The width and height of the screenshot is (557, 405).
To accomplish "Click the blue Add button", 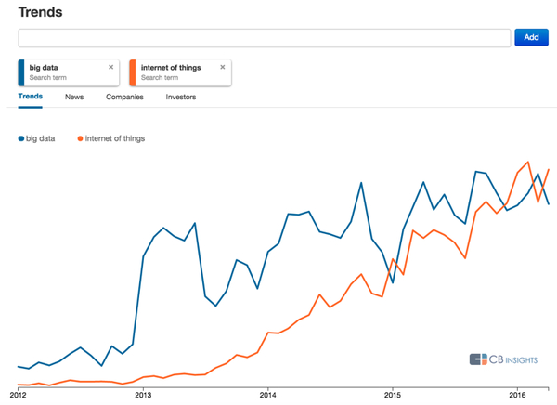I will pyautogui.click(x=531, y=37).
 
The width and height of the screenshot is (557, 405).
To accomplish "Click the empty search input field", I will pyautogui.click(x=264, y=37).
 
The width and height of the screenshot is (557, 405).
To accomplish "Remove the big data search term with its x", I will pyautogui.click(x=111, y=67).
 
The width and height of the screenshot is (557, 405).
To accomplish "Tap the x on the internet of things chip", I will pyautogui.click(x=223, y=67).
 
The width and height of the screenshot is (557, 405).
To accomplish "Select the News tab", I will pyautogui.click(x=74, y=97).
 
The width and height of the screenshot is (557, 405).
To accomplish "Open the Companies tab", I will pyautogui.click(x=124, y=97).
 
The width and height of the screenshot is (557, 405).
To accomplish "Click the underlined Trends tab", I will pyautogui.click(x=31, y=97).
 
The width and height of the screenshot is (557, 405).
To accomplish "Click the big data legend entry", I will pyautogui.click(x=40, y=138).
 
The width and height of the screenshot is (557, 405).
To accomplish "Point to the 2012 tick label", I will pyautogui.click(x=19, y=395).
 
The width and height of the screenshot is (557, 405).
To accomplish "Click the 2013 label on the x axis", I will pyautogui.click(x=143, y=395).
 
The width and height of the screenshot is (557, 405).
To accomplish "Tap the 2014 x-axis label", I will pyautogui.click(x=267, y=395).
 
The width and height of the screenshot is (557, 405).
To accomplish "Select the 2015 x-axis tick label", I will pyautogui.click(x=392, y=395).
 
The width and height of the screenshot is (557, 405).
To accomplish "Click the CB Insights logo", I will pyautogui.click(x=508, y=359).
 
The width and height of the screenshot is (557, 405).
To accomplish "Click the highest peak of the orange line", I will pyautogui.click(x=528, y=162).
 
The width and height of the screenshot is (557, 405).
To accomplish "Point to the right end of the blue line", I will pyautogui.click(x=549, y=204).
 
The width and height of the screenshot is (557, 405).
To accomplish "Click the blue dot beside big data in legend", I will pyautogui.click(x=21, y=139).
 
